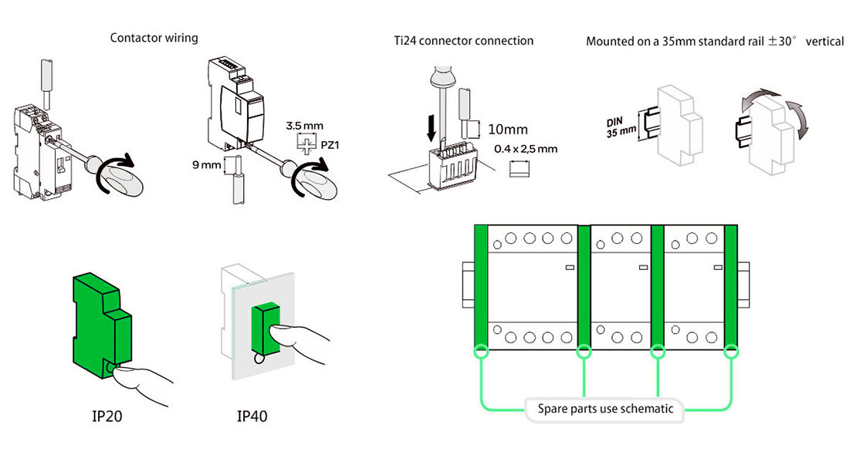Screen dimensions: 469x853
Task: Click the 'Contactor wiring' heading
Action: point(154,38)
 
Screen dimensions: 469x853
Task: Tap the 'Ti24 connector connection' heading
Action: point(463,40)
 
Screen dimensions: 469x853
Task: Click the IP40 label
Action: point(252,417)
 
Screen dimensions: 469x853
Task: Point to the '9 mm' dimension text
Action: point(207,164)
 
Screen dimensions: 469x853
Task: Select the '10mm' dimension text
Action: point(509,130)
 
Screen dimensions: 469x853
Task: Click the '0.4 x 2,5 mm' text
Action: point(525,149)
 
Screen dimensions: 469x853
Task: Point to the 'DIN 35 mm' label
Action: point(620,127)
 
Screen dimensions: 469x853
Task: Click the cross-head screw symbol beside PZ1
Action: point(307,144)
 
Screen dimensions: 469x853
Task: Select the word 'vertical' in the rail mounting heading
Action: point(824,41)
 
